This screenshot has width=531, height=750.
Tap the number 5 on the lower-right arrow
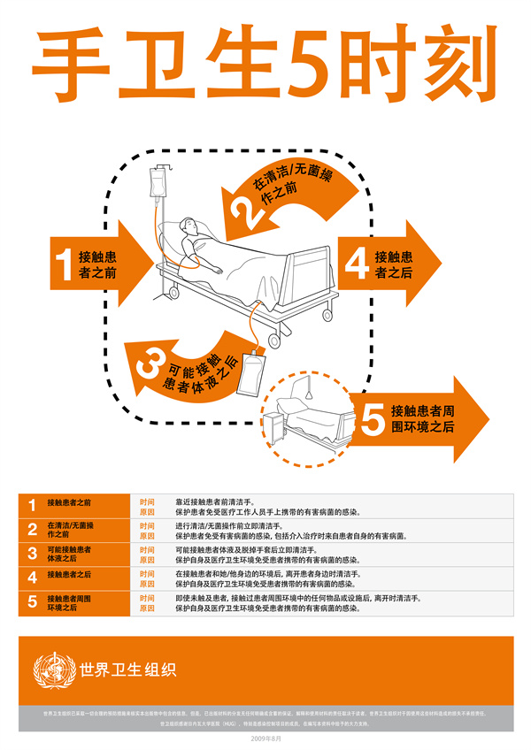[x=373, y=417]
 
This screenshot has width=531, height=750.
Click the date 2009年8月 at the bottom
[x=265, y=738]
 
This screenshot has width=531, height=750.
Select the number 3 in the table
[x=32, y=554]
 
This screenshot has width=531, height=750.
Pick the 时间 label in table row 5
[x=147, y=598]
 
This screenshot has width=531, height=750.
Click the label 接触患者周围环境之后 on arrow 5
[x=423, y=417]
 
